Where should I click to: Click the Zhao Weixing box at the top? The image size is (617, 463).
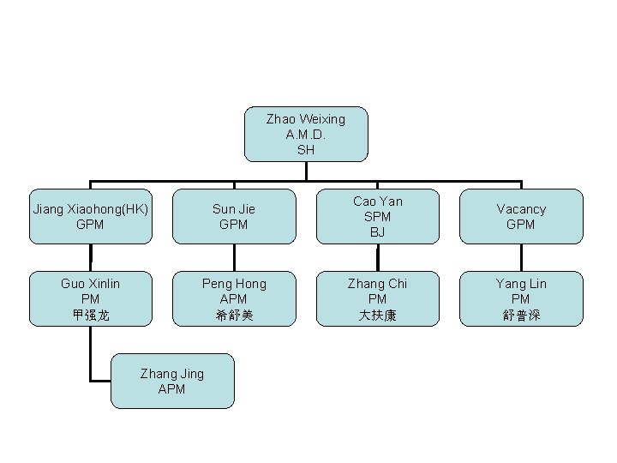tap(306, 134)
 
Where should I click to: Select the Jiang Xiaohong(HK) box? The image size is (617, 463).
tap(90, 216)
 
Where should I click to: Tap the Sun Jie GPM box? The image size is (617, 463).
tap(234, 216)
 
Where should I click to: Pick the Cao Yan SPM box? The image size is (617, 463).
tap(378, 216)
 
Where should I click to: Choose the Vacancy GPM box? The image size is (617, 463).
tap(521, 216)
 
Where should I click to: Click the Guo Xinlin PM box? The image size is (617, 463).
tap(90, 299)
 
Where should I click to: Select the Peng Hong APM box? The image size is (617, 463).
tap(234, 299)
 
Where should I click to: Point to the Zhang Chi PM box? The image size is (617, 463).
tap(378, 299)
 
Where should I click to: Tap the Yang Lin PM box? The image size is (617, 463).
tap(521, 299)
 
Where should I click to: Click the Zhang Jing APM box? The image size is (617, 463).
tap(172, 381)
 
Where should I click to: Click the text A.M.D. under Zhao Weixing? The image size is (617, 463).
tap(306, 135)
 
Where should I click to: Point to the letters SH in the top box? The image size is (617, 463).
tap(306, 149)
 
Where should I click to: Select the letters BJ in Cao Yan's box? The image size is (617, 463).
tap(378, 231)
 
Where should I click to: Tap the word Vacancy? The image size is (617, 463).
tap(521, 209)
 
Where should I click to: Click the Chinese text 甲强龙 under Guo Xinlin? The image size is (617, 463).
tap(90, 316)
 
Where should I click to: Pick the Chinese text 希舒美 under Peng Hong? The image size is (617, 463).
tap(234, 316)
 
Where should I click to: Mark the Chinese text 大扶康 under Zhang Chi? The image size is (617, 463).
tap(378, 316)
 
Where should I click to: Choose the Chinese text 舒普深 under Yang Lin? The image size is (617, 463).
tap(521, 316)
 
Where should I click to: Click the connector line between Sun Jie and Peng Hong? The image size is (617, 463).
tap(234, 257)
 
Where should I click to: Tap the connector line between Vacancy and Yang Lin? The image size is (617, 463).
tap(521, 257)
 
